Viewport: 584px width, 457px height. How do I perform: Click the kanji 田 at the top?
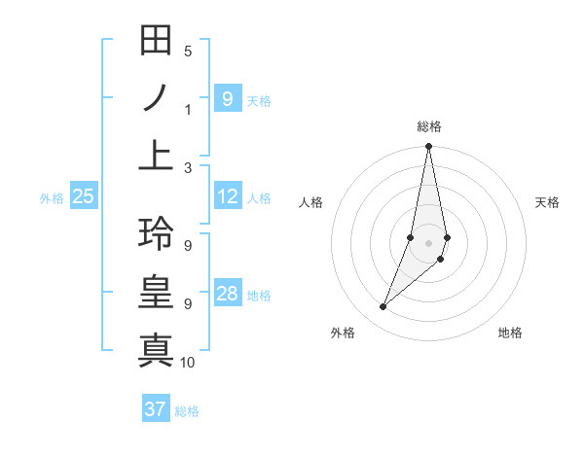(x=156, y=42)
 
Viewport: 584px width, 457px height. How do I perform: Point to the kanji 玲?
(x=156, y=234)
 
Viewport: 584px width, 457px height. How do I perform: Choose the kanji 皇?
(x=156, y=292)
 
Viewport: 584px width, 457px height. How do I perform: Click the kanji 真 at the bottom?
(x=156, y=348)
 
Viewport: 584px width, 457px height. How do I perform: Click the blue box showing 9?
(x=227, y=98)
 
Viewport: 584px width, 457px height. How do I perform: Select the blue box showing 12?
(x=227, y=196)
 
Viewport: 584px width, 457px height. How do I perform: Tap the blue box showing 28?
(x=227, y=294)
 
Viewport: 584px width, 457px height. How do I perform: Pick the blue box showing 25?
(x=84, y=196)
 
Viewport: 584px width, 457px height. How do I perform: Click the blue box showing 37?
(x=155, y=409)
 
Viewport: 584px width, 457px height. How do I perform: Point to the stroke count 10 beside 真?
(x=188, y=363)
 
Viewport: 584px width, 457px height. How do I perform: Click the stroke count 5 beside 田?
(x=188, y=51)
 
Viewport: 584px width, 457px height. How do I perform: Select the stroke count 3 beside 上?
(x=188, y=167)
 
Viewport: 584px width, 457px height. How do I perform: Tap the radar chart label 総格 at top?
(x=429, y=126)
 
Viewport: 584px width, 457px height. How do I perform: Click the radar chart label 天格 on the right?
(x=547, y=202)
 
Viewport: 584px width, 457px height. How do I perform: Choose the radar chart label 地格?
(x=510, y=333)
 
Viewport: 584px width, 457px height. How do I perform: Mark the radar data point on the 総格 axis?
(x=429, y=147)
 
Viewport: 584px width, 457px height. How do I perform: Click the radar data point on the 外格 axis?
(x=383, y=307)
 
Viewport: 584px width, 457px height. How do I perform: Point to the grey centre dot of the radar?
(x=429, y=243)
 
